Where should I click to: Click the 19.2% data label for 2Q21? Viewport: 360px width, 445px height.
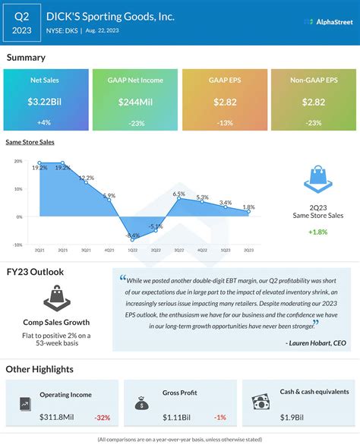(40, 167)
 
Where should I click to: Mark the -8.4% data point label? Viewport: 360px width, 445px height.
(132, 236)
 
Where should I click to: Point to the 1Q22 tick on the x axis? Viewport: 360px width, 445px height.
(132, 251)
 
